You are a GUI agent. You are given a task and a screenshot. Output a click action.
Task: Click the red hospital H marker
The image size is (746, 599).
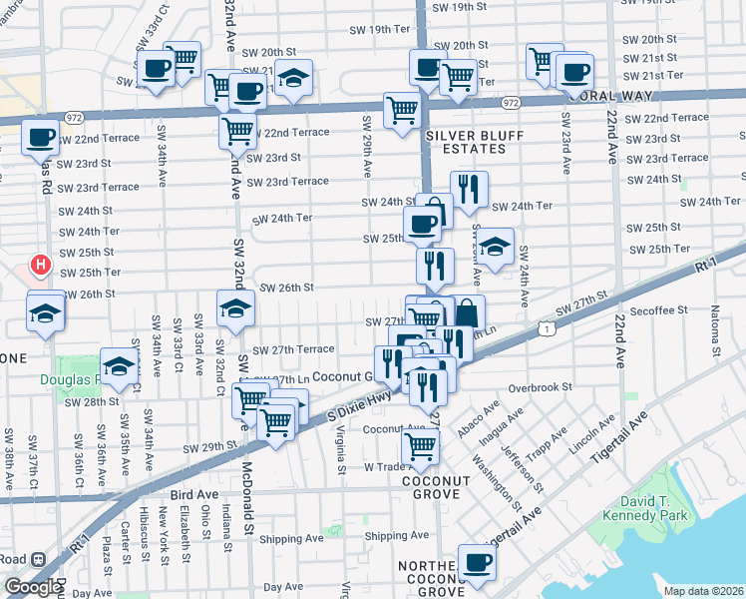coord(40,266)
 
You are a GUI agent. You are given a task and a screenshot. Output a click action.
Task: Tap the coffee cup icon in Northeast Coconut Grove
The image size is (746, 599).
coord(476,561)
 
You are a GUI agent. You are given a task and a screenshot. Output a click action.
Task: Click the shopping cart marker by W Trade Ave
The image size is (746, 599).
coord(420,446)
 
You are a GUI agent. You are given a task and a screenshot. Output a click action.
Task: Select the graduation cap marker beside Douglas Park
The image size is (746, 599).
coord(119,365)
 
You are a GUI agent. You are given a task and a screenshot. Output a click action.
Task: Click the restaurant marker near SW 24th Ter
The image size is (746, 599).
coord(468,188)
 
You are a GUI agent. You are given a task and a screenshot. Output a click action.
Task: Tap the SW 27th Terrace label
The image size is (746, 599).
coord(293,350)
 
